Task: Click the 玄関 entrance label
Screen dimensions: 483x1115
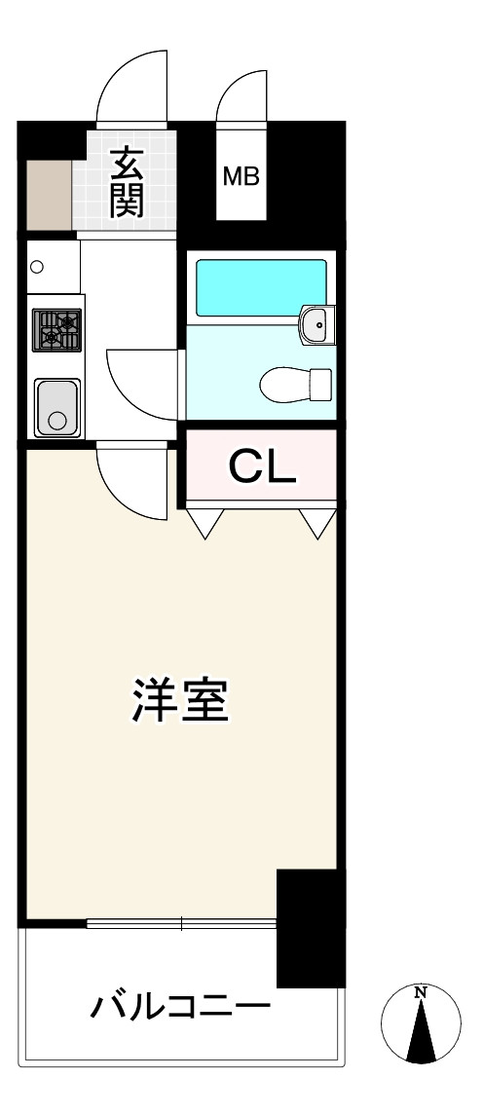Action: [127, 182]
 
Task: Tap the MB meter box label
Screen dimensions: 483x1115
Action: [241, 176]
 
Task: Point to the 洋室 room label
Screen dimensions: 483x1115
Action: [180, 700]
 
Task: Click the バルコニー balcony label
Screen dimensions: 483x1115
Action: [181, 1007]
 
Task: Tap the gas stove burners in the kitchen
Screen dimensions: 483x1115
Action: [56, 331]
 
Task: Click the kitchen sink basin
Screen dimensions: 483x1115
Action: [57, 407]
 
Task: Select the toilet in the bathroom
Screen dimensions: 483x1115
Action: [295, 385]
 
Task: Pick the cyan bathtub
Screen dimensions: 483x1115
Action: [261, 287]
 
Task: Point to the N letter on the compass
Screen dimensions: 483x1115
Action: [421, 991]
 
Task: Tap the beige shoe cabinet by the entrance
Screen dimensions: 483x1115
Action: [49, 195]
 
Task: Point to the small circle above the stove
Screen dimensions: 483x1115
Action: [37, 267]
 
